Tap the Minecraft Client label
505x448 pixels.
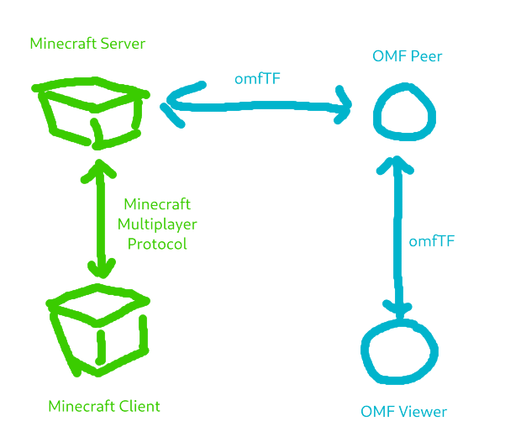(x=103, y=407)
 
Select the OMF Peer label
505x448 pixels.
(x=407, y=57)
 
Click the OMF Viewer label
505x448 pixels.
(x=403, y=412)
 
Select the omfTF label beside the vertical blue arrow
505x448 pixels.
(x=432, y=240)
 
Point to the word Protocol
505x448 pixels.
(x=156, y=244)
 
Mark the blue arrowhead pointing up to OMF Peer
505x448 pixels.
(x=390, y=165)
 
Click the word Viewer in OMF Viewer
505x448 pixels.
(x=423, y=412)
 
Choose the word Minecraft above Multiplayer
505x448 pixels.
(x=157, y=204)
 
